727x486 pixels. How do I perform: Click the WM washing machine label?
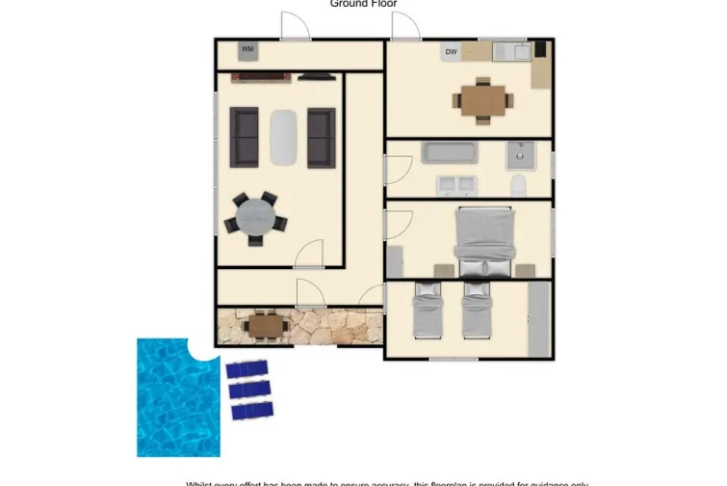(247, 49)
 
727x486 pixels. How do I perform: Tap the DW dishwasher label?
(451, 52)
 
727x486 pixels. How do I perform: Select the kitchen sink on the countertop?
(517, 51)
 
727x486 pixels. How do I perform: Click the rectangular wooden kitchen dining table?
(482, 100)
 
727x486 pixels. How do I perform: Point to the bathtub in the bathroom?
(450, 152)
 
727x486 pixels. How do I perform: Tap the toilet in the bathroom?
(518, 185)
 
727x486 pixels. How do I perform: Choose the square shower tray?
(521, 153)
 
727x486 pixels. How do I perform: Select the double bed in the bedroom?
(484, 240)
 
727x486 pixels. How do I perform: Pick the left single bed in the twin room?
(427, 310)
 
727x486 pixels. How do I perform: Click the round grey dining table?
(255, 216)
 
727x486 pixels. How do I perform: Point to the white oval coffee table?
(283, 137)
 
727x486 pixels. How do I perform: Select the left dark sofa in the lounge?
(244, 136)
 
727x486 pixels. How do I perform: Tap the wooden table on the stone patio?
(265, 326)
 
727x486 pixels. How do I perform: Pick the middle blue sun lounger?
(248, 390)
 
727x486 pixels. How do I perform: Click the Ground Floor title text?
(363, 4)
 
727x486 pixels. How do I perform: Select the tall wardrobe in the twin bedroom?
(538, 317)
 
